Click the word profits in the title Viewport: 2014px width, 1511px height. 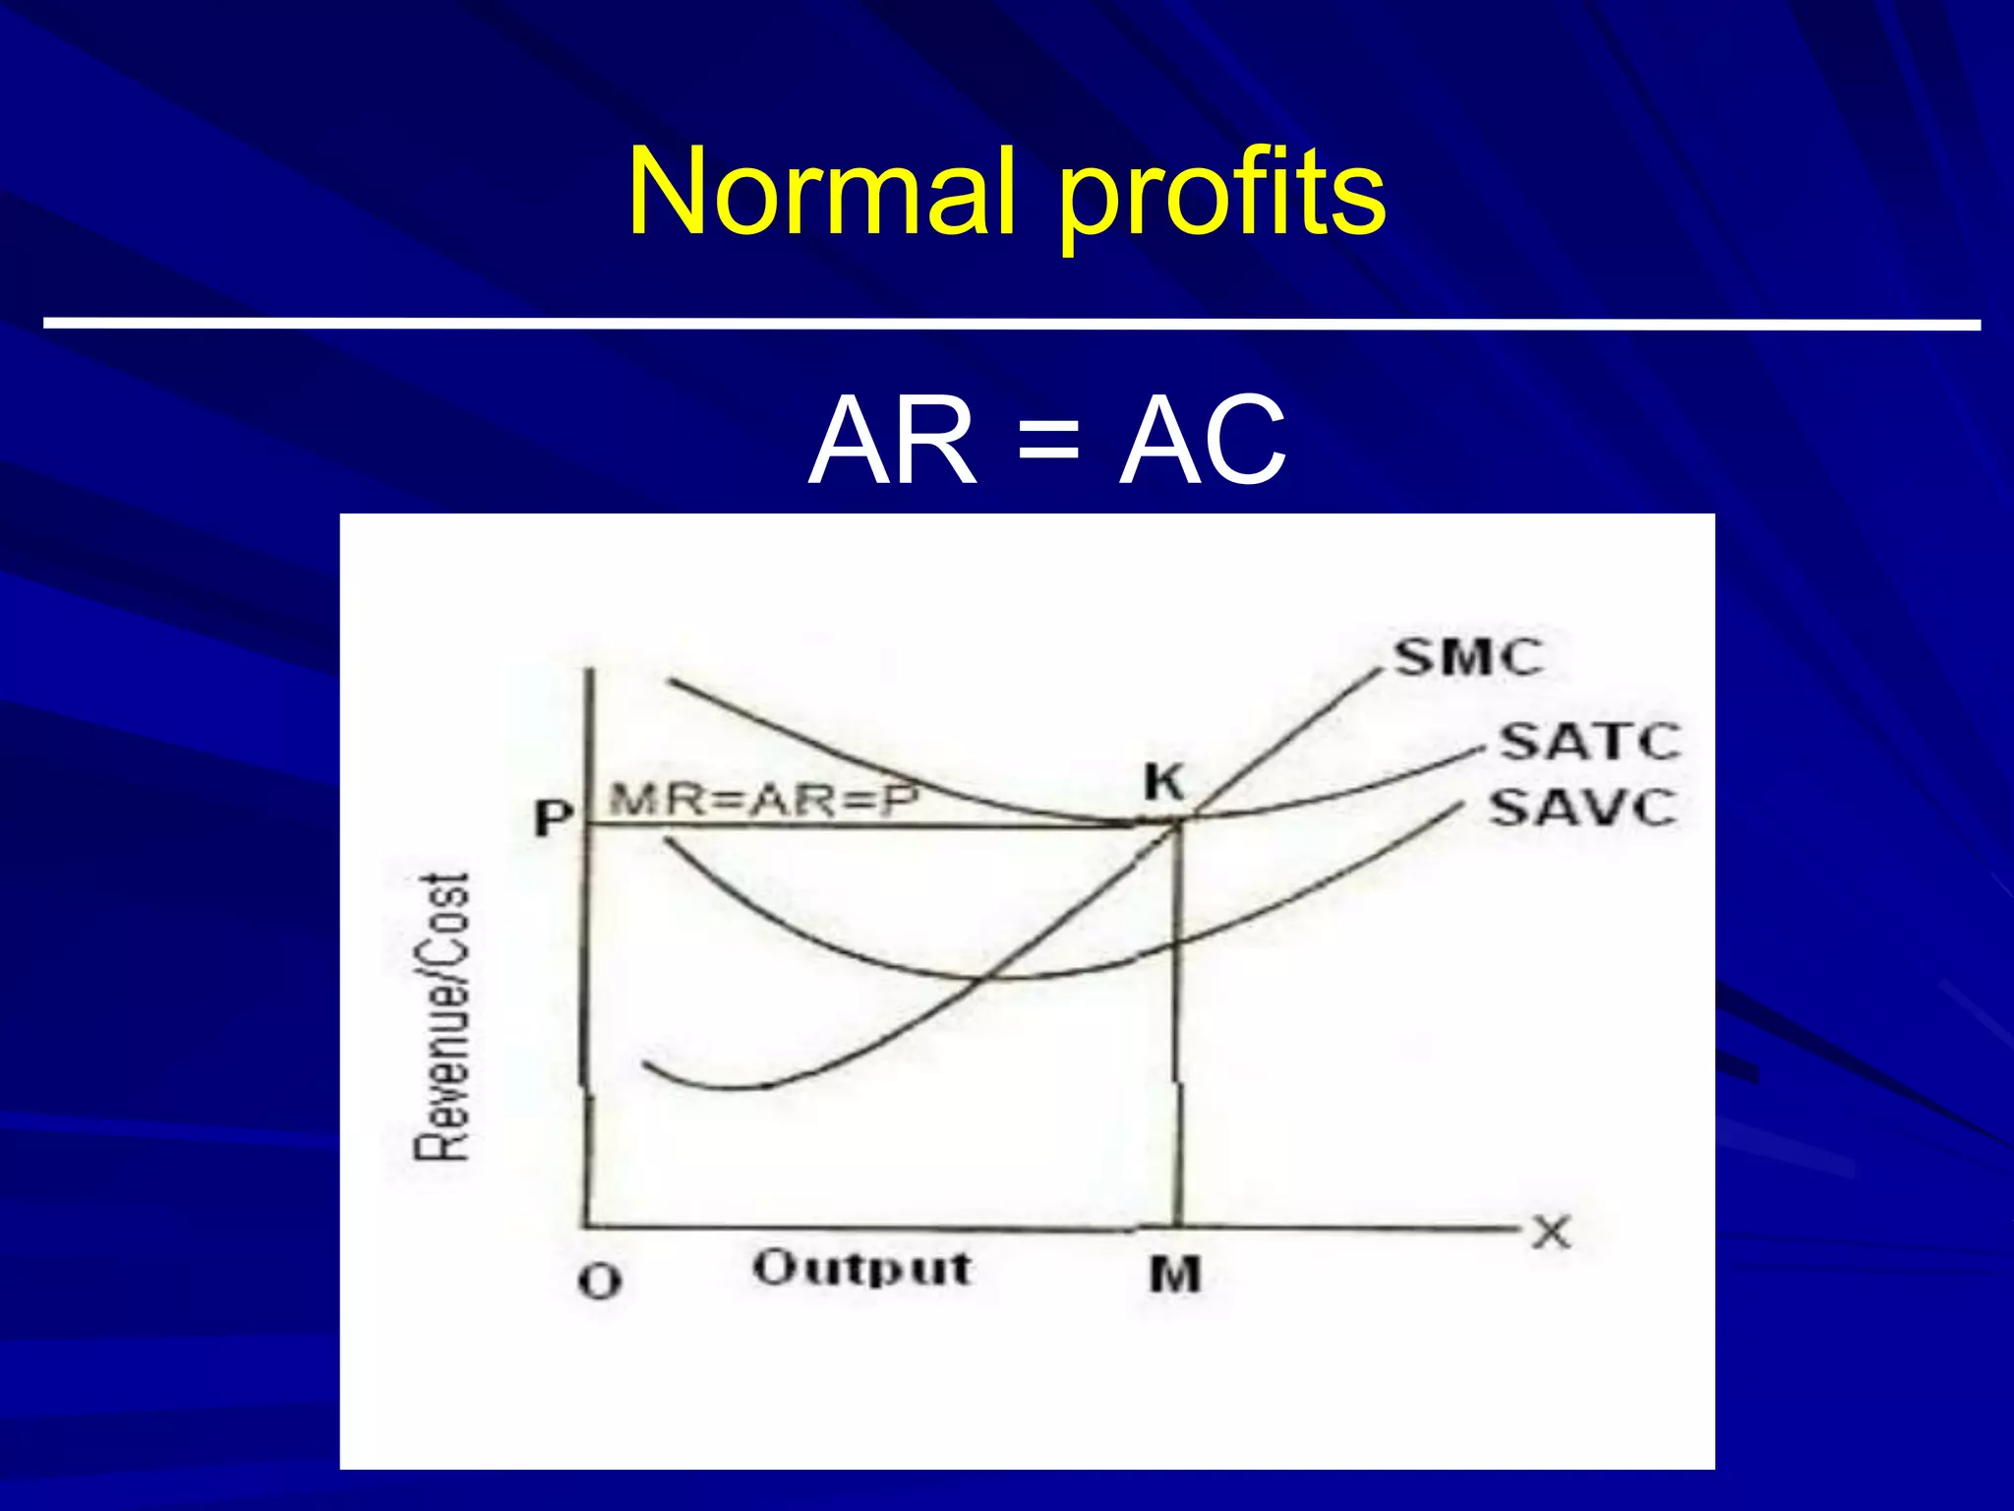[1221, 197]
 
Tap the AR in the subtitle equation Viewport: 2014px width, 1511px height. [893, 442]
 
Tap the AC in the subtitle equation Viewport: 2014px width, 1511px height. [1202, 442]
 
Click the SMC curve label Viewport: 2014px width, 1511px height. [1469, 657]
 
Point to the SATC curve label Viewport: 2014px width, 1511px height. [1589, 742]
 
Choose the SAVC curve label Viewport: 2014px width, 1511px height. [1581, 809]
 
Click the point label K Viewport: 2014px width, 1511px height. [1164, 783]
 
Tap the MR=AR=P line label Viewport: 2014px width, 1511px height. [764, 801]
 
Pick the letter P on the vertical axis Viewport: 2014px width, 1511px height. [553, 817]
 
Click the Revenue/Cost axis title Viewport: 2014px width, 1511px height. [443, 1016]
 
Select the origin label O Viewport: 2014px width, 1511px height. [600, 1282]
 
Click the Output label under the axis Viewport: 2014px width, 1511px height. [862, 1268]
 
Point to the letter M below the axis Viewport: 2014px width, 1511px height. [1175, 1276]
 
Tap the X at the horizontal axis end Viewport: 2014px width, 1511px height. [1552, 1232]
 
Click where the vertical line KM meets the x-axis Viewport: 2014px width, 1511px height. [1176, 1227]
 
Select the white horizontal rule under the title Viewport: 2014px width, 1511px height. [1011, 323]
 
